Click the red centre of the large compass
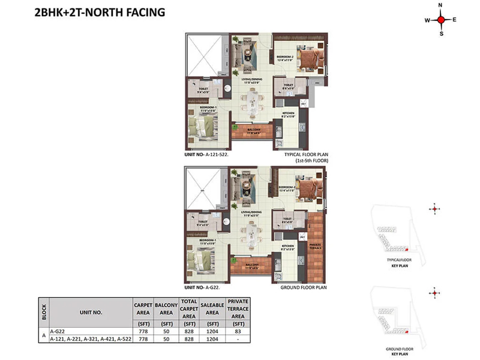(x=441, y=20)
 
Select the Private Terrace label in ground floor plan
(x=314, y=246)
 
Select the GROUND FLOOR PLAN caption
(x=304, y=287)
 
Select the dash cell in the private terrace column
(x=238, y=340)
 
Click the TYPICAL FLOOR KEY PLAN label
(x=398, y=262)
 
